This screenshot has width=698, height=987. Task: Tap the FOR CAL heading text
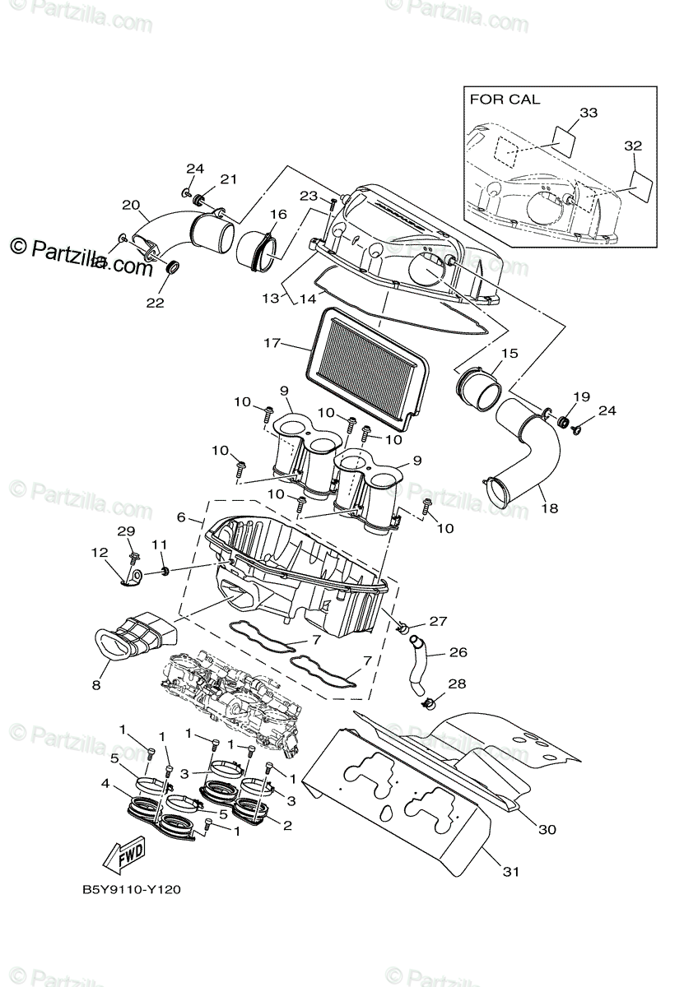[x=505, y=100]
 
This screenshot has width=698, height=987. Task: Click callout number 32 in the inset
[x=632, y=145]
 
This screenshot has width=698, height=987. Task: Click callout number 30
[x=546, y=829]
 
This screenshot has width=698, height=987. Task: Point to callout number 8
[x=96, y=684]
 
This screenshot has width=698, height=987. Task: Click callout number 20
[x=131, y=205]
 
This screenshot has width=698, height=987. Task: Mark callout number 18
[x=548, y=507]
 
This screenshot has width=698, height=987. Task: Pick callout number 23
[x=308, y=196]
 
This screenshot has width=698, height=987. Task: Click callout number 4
[x=105, y=784]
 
